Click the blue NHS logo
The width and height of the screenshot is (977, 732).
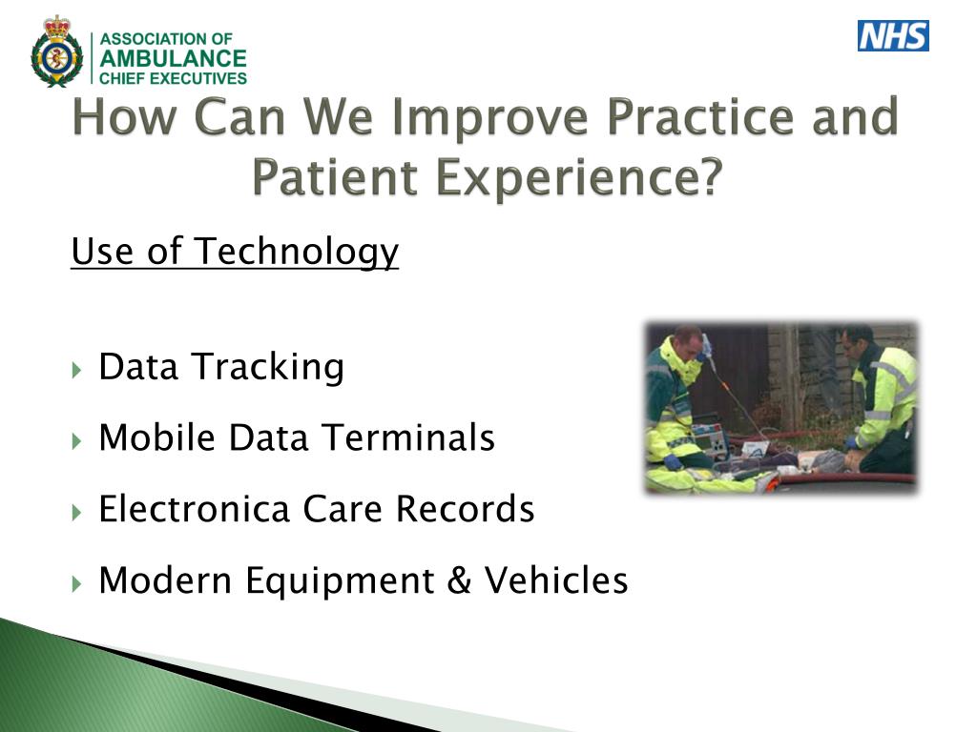point(893,35)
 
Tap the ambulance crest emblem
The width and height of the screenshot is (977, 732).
point(56,52)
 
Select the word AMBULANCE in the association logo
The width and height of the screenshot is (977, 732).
point(174,58)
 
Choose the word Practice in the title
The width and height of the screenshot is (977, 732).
point(700,116)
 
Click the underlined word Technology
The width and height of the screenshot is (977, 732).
point(297,252)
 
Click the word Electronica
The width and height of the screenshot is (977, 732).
point(195,509)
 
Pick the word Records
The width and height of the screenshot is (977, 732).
point(465,509)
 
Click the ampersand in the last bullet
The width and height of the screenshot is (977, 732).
point(459,580)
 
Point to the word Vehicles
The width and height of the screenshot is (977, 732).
point(556,580)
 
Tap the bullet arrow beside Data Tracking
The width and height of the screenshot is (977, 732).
point(76,371)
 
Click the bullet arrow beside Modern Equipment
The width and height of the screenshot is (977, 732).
point(76,584)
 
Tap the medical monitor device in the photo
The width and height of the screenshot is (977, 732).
point(712,438)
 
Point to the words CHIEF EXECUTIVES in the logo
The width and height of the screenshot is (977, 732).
point(174,78)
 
